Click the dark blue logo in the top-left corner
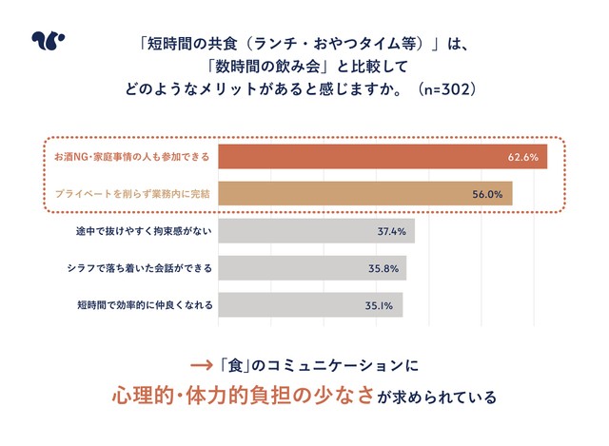click(48, 41)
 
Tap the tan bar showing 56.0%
click(365, 193)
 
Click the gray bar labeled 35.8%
click(312, 268)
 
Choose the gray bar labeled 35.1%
click(310, 305)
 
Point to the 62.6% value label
click(522, 156)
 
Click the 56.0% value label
click(487, 194)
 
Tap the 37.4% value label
click(391, 231)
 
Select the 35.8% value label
click(383, 268)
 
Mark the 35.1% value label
click(380, 306)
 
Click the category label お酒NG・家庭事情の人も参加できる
click(130, 156)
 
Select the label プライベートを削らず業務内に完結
click(131, 193)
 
